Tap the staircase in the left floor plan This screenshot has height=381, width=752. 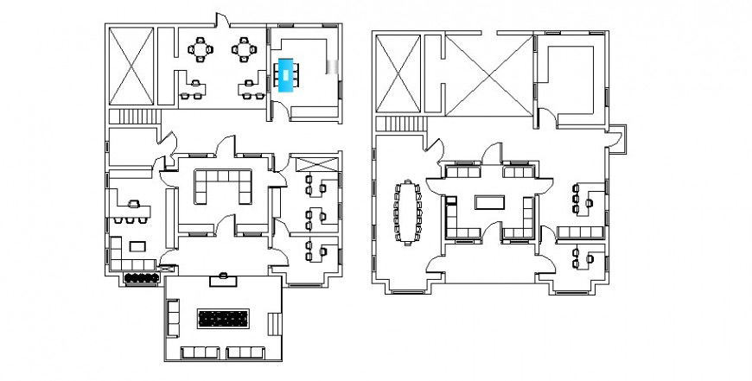tap(135, 118)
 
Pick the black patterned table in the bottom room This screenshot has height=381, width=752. tap(224, 319)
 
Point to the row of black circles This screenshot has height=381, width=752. tap(140, 278)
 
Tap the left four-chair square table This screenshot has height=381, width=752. tap(202, 49)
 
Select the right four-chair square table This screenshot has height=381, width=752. tap(245, 49)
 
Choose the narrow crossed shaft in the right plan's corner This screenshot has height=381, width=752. tap(398, 73)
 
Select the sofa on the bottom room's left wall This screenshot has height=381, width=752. tap(172, 319)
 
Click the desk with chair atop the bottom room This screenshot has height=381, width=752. tap(224, 279)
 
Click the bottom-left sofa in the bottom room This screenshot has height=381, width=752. tap(201, 352)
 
